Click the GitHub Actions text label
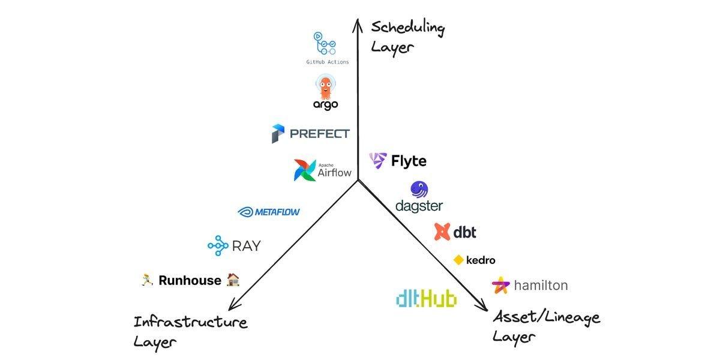click(327, 62)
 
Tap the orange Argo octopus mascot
click(325, 87)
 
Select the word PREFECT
click(319, 134)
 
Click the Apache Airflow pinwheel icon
click(304, 170)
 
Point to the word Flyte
click(409, 161)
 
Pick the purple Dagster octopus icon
click(419, 190)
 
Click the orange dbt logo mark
click(442, 232)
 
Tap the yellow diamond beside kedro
click(458, 260)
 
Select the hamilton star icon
click(500, 285)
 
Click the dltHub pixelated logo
click(426, 299)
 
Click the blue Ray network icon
click(218, 245)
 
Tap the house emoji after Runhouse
click(233, 280)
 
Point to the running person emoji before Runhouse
click(147, 280)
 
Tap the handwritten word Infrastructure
click(191, 322)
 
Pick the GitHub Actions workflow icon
click(325, 43)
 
